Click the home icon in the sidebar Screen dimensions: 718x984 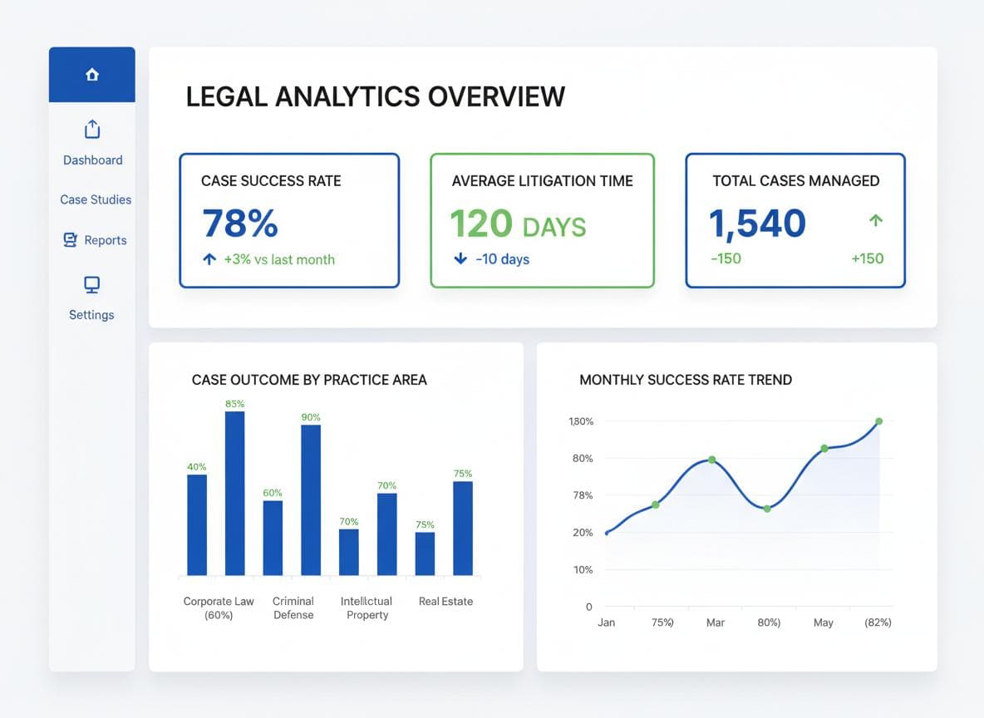click(92, 75)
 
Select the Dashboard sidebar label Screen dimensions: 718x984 click(92, 160)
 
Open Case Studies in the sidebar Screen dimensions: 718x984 click(96, 199)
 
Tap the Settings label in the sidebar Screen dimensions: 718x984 click(91, 315)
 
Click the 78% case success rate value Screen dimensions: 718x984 click(240, 224)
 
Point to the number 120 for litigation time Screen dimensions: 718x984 click(481, 224)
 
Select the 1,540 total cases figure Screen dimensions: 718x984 click(757, 224)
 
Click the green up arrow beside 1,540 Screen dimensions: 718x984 click(875, 221)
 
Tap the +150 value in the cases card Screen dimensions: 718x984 click(867, 258)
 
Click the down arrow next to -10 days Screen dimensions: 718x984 click(460, 259)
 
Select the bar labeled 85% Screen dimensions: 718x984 click(235, 493)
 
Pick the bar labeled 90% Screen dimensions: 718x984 click(311, 499)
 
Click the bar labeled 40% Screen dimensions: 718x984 click(197, 524)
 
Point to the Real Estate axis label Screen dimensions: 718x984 click(445, 601)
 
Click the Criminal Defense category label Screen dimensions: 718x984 click(293, 607)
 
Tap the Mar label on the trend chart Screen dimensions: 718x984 click(715, 622)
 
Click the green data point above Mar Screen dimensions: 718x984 click(712, 460)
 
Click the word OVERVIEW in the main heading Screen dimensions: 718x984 click(496, 96)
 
